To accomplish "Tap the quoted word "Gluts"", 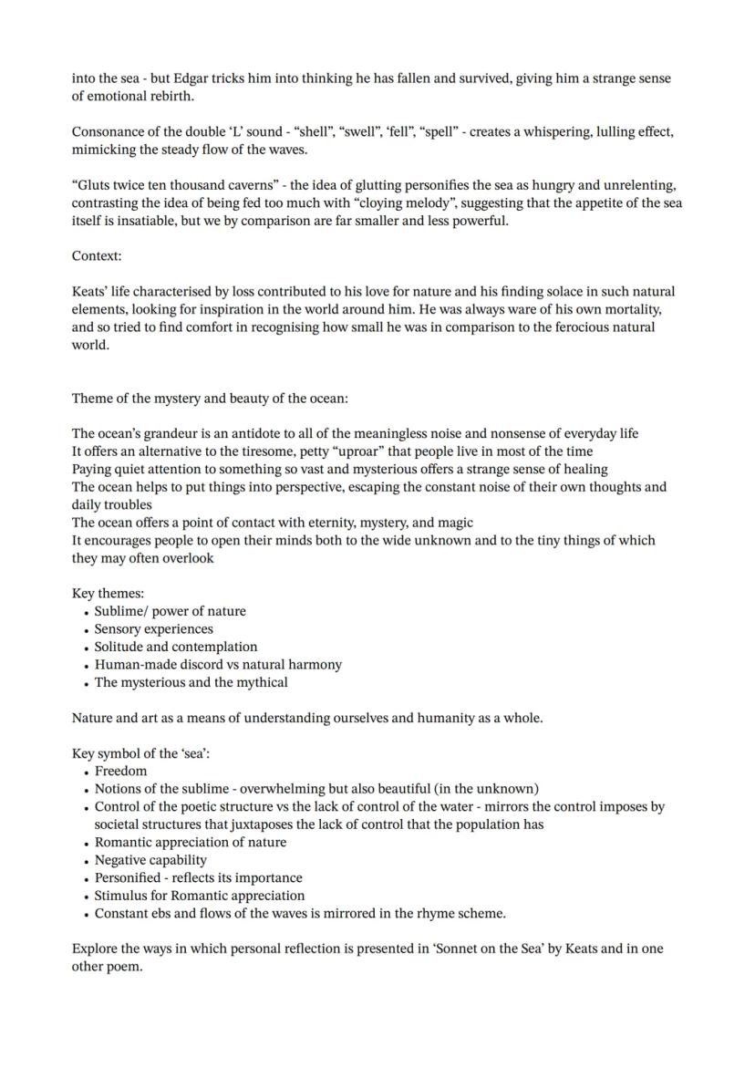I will [x=94, y=185].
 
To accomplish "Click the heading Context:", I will [x=97, y=256].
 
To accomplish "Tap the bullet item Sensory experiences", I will [x=154, y=629].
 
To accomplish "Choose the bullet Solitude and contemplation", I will [x=176, y=647].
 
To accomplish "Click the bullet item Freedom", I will [x=120, y=771].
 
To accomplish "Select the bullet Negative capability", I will [x=150, y=860].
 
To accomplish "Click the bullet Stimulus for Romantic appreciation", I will [x=200, y=896].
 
